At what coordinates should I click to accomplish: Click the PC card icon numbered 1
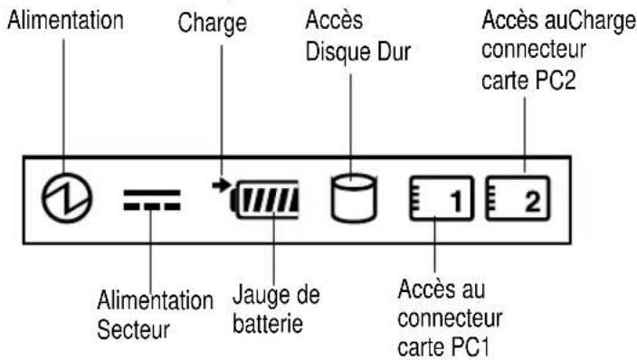coord(442,200)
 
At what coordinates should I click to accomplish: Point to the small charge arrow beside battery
coord(220,185)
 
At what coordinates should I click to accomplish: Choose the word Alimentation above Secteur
coord(157,300)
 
